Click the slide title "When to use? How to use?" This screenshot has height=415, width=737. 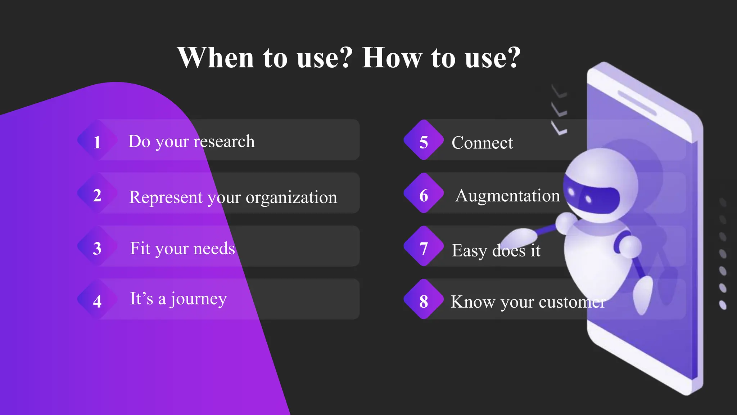tap(349, 58)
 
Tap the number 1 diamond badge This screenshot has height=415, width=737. tap(97, 140)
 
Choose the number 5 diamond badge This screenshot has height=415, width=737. tap(424, 140)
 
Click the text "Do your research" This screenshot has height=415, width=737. tap(191, 142)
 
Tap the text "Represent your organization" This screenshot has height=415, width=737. tap(233, 197)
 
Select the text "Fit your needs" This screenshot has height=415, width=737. tap(182, 249)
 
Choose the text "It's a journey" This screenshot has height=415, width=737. tap(178, 299)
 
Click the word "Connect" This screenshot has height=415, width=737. tap(482, 143)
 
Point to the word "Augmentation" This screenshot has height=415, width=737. tap(507, 196)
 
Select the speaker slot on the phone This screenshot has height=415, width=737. tap(637, 103)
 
